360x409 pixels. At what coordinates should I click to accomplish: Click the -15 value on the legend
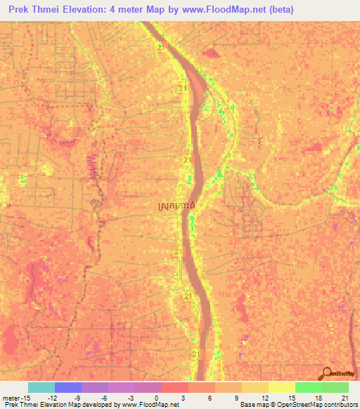(22, 398)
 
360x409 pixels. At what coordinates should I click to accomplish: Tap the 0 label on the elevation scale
(156, 398)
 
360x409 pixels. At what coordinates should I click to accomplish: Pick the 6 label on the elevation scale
(210, 398)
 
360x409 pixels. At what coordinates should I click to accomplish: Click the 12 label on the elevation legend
(264, 398)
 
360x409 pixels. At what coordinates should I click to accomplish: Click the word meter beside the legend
(11, 398)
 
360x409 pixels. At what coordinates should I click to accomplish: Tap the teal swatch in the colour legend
(41, 387)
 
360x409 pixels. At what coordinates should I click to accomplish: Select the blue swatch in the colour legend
(68, 387)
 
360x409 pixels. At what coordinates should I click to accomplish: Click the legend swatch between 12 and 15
(282, 387)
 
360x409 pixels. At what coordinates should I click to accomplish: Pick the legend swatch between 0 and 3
(175, 387)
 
